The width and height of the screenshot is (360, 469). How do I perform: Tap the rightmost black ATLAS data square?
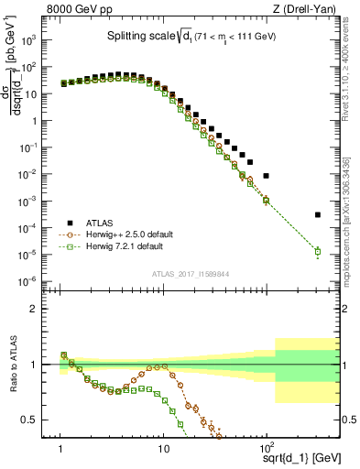[x=317, y=214]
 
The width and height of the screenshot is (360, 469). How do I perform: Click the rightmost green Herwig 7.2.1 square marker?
[x=317, y=251]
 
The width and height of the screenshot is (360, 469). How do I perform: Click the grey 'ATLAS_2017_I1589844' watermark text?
[x=190, y=273]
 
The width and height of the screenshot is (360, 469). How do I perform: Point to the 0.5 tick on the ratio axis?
[x=43, y=420]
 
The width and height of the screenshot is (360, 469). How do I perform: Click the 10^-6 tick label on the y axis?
[x=40, y=281]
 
